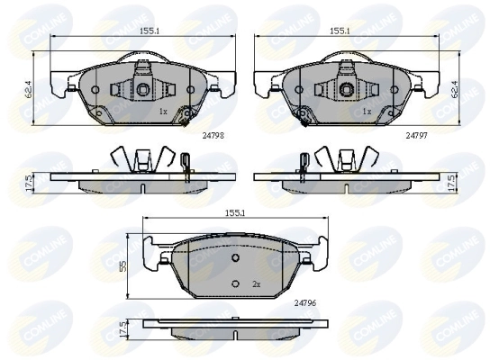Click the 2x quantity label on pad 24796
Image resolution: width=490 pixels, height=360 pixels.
256,284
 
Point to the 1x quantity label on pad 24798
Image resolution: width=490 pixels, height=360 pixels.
162,112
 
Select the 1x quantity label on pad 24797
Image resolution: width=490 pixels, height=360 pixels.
366,112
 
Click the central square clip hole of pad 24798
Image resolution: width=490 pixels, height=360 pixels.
143,88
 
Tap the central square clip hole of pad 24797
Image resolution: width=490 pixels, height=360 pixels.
347,88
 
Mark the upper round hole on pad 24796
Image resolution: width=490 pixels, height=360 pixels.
235,257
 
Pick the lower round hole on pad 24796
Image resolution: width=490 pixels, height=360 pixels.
235,284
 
